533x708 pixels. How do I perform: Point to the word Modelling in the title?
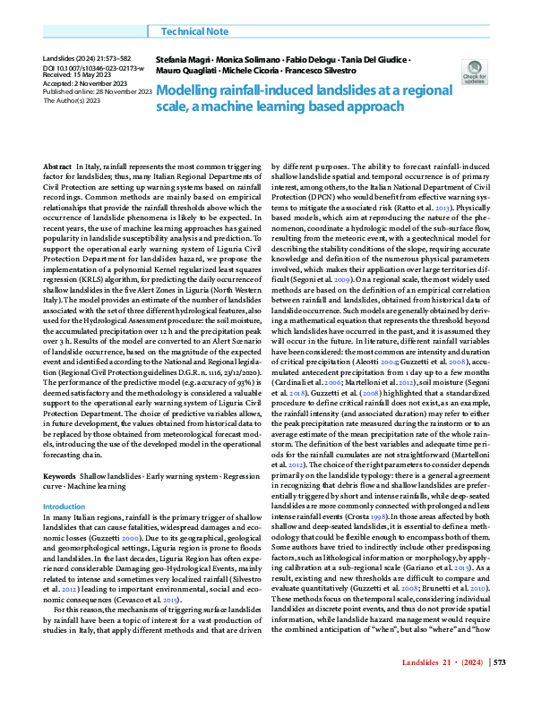coord(194,90)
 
